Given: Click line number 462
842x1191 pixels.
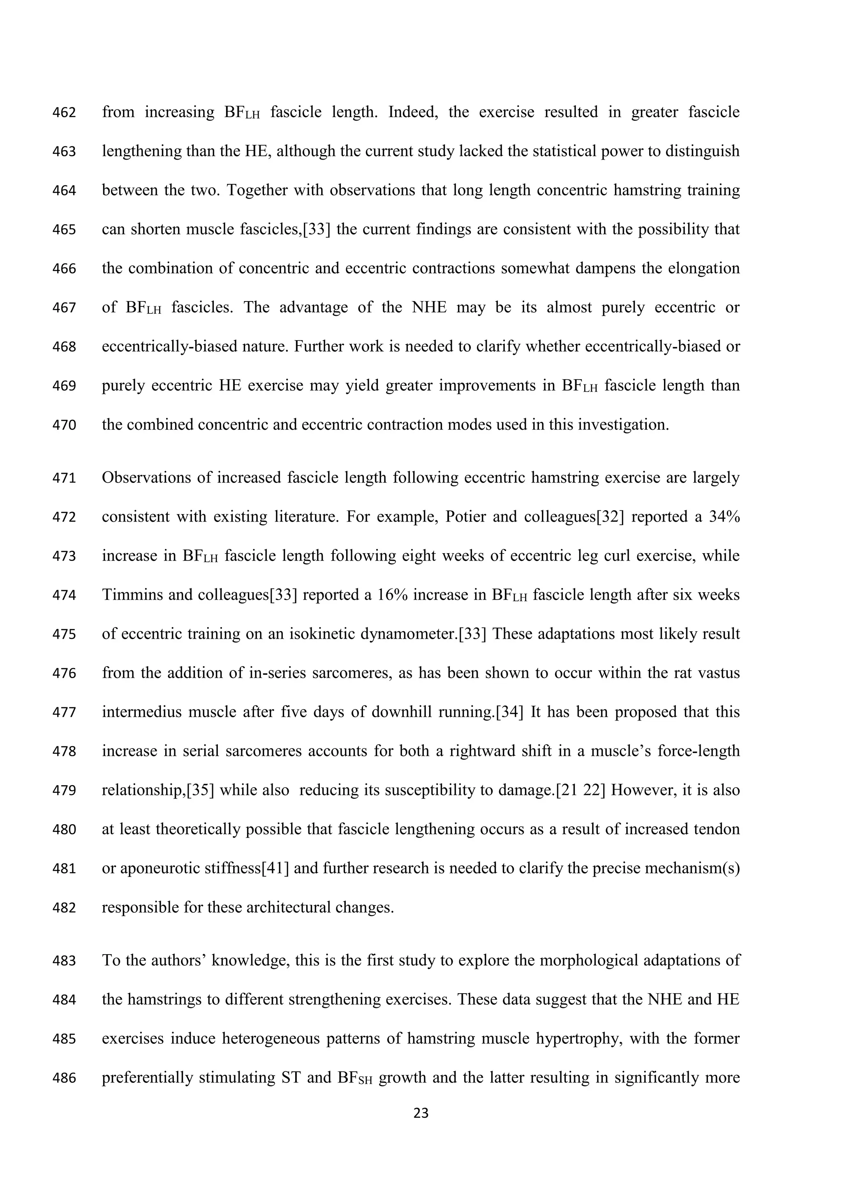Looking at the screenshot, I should [x=64, y=113].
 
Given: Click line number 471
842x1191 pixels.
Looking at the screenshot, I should [x=64, y=478].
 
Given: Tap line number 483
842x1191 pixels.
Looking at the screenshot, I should [x=64, y=961].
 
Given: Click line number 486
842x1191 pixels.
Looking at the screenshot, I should [x=64, y=1078].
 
